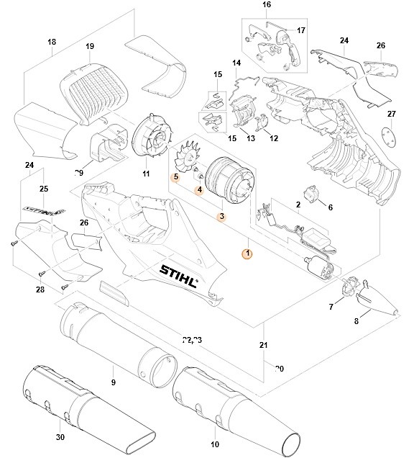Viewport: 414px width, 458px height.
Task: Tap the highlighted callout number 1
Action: click(247, 253)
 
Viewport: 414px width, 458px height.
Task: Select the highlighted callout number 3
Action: click(222, 216)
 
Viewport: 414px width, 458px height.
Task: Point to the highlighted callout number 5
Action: click(175, 176)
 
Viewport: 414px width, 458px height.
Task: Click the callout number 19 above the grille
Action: click(90, 47)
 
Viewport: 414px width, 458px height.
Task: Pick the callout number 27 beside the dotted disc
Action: click(392, 114)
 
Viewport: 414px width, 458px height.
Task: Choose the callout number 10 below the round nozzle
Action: click(215, 444)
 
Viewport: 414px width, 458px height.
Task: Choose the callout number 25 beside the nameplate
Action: click(44, 189)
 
